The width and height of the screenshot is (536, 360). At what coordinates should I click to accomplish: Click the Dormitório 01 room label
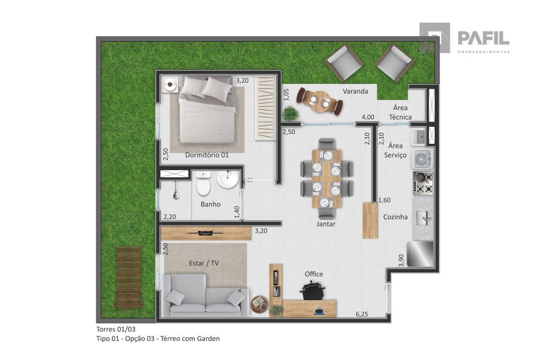point(207,155)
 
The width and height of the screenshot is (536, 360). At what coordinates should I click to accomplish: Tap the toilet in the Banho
point(203,183)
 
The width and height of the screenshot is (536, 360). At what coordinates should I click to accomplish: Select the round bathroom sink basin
point(228,179)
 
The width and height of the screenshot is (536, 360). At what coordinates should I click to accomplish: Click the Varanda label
point(356,91)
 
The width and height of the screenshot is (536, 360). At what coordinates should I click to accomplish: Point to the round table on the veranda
point(320,101)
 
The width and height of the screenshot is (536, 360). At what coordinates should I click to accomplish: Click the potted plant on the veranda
point(291,112)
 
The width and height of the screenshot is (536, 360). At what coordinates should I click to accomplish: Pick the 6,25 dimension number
point(362,314)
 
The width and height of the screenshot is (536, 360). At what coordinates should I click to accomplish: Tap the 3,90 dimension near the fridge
point(401,260)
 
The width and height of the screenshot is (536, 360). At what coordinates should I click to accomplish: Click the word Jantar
point(326,224)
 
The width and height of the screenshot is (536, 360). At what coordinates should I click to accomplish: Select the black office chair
point(313,290)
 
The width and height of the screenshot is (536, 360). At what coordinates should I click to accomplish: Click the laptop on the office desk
point(319,311)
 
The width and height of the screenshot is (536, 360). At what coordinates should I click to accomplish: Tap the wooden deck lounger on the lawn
point(128,277)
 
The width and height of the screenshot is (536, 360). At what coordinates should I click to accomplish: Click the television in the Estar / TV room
point(206,233)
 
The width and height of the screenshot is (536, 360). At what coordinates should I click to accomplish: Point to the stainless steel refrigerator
point(420,254)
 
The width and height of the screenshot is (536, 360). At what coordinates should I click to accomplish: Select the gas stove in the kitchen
point(424,183)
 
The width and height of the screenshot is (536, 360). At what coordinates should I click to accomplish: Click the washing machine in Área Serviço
point(422,159)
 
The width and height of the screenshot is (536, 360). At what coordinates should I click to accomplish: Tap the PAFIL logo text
point(484,37)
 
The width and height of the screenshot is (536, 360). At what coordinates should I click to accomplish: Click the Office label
point(314,274)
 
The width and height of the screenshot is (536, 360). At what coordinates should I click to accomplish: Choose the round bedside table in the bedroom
point(170,84)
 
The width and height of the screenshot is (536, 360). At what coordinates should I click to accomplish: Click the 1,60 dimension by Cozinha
point(385,200)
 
